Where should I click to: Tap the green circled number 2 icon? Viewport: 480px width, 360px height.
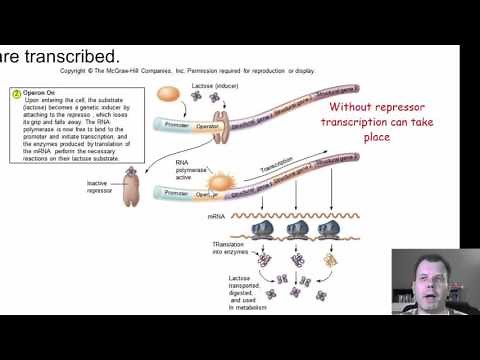point(16,94)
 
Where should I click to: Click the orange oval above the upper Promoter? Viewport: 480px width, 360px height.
point(170,98)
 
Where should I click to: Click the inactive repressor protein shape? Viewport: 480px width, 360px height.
point(132,188)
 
